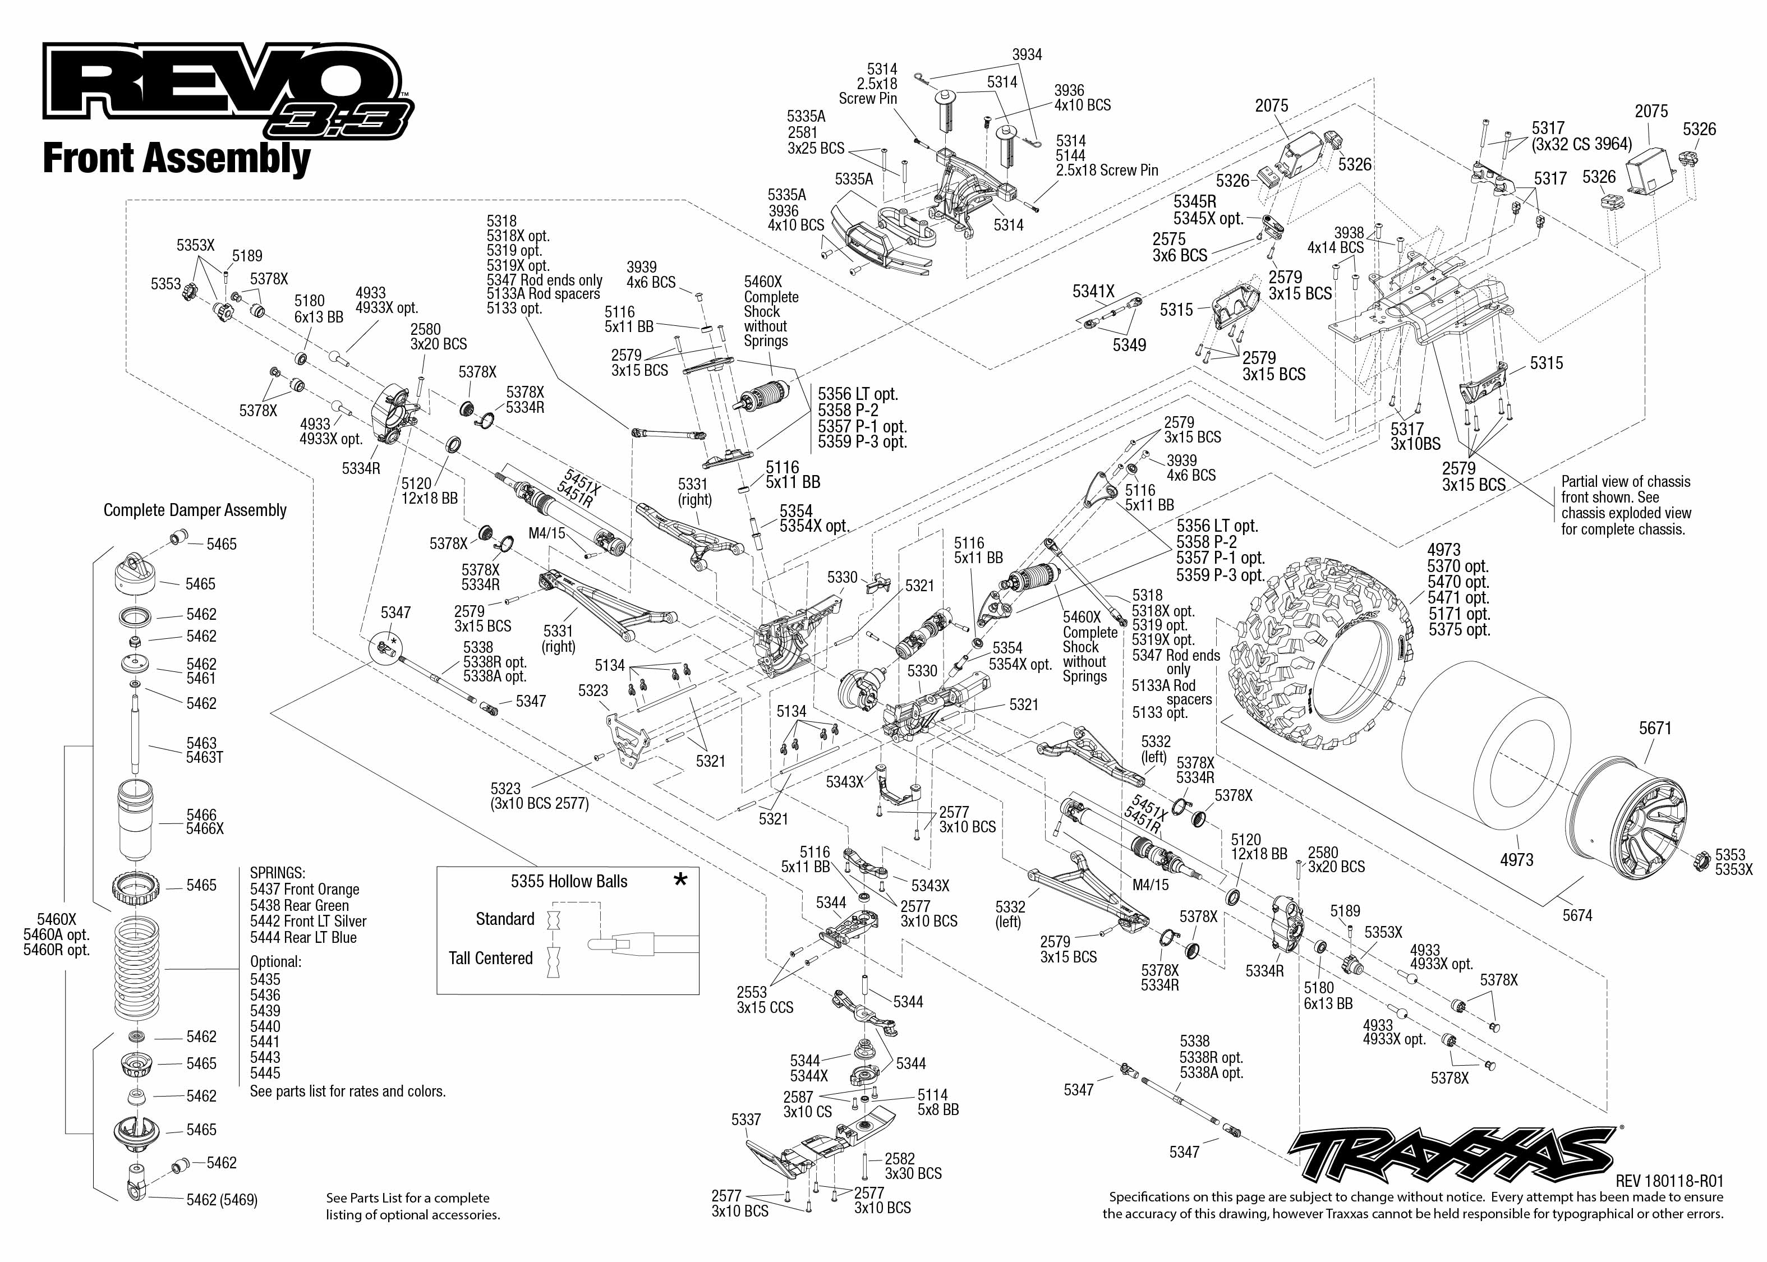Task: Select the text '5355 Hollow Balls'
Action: (x=569, y=881)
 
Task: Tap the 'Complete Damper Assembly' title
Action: (x=195, y=510)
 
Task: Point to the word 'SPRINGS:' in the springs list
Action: (x=278, y=873)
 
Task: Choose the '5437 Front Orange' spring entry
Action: (x=305, y=889)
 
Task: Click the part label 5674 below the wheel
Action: (x=1577, y=915)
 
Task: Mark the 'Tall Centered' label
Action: (x=490, y=957)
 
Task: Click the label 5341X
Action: (x=1093, y=292)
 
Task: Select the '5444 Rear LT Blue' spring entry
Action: (x=303, y=937)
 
